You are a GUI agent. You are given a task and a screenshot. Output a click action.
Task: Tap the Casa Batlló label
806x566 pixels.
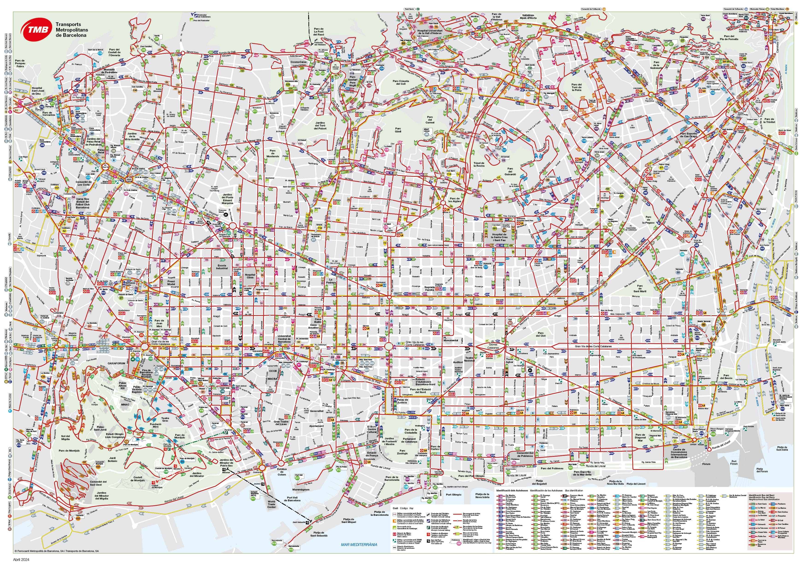(318, 321)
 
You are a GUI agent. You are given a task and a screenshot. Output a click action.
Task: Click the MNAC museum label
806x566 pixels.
(125, 404)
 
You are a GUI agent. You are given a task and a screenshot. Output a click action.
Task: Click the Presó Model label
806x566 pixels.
(171, 283)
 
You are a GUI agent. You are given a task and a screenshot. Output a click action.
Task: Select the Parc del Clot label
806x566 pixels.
(541, 334)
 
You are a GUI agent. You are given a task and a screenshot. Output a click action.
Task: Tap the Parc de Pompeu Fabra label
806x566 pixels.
(20, 63)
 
